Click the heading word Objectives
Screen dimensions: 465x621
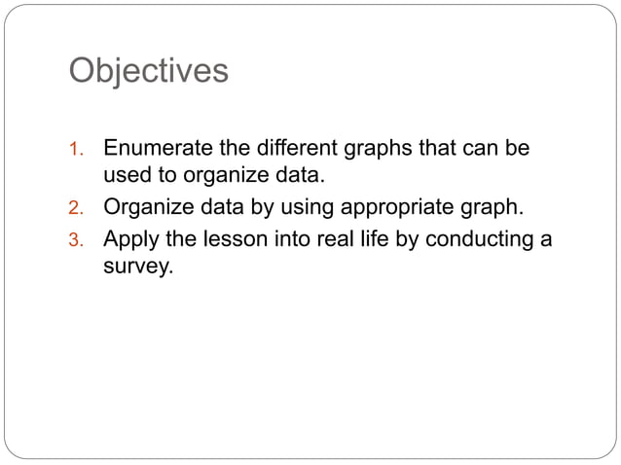coord(149,71)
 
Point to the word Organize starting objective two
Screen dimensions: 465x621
coord(148,207)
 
